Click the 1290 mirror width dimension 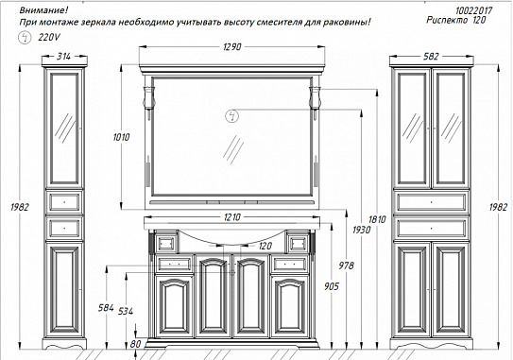click(x=232, y=47)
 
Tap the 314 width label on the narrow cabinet click(x=63, y=57)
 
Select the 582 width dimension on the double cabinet click(x=431, y=57)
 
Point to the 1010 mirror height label click(x=121, y=137)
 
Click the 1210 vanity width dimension click(x=232, y=217)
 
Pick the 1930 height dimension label click(x=362, y=230)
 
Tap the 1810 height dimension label click(x=377, y=219)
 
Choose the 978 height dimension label click(x=346, y=266)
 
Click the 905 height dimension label click(x=332, y=286)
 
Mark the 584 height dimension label click(x=106, y=308)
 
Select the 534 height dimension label click(x=126, y=311)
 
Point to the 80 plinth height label click(x=135, y=344)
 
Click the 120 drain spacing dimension click(x=265, y=246)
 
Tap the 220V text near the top click(x=49, y=38)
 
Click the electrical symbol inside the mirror click(x=231, y=116)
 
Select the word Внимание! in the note click(x=43, y=10)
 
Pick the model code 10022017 click(x=473, y=10)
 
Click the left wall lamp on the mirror click(x=148, y=97)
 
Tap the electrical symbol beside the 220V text click(x=25, y=38)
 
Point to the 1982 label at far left click(x=20, y=208)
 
